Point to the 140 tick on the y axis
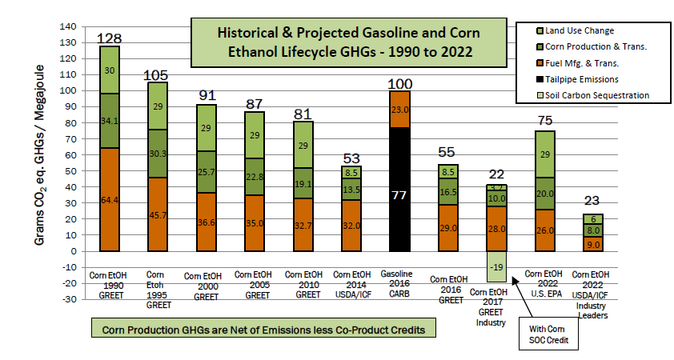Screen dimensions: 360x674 point(74,26)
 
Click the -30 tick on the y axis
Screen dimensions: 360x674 point(74,299)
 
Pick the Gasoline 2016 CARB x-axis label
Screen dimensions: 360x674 point(399,281)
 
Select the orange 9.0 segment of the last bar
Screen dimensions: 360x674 point(593,244)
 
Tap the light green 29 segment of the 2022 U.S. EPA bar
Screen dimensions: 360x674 point(545,154)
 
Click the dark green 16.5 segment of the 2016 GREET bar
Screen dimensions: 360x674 point(448,192)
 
